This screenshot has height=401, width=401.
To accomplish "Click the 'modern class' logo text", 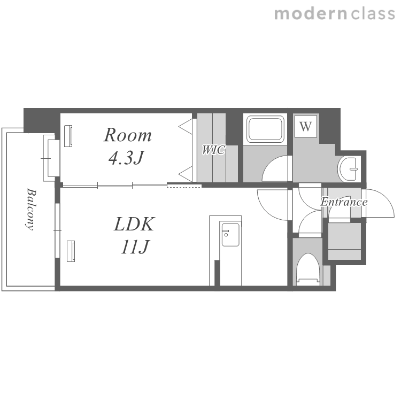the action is click(335, 14).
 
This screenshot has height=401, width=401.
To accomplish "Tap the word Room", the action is click(128, 135).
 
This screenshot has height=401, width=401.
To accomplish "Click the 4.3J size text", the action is click(127, 158).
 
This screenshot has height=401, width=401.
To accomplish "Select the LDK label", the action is click(134, 224).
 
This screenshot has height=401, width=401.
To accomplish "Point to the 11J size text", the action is click(135, 247).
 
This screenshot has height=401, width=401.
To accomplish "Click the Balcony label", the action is click(30, 210).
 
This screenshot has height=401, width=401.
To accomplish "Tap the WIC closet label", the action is click(213, 150).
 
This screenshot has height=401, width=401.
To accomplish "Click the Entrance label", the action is click(344, 202).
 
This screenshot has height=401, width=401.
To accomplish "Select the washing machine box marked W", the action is click(306, 126).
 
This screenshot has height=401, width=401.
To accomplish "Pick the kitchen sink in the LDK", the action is click(230, 235).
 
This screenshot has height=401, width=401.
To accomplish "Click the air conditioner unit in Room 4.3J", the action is click(68, 136).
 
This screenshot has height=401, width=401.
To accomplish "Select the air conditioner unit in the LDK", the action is click(71, 251).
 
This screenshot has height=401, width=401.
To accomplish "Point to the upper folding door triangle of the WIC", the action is click(186, 126).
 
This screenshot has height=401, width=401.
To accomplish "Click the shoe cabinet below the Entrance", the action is click(344, 241).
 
